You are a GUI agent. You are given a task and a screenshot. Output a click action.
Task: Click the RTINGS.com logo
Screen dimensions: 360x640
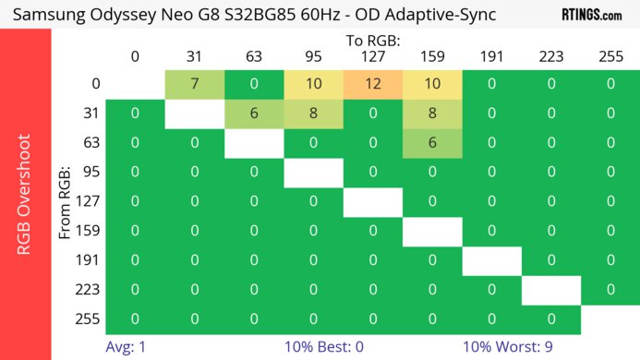pos(592,15)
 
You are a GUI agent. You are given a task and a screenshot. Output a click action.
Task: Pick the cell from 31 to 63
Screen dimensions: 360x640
pos(254,114)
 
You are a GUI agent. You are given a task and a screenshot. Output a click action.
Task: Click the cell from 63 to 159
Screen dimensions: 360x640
pos(431,144)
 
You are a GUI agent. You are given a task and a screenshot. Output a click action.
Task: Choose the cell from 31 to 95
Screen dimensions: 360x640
pos(313,114)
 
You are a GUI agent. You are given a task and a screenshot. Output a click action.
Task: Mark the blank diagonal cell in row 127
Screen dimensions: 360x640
pos(372,202)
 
